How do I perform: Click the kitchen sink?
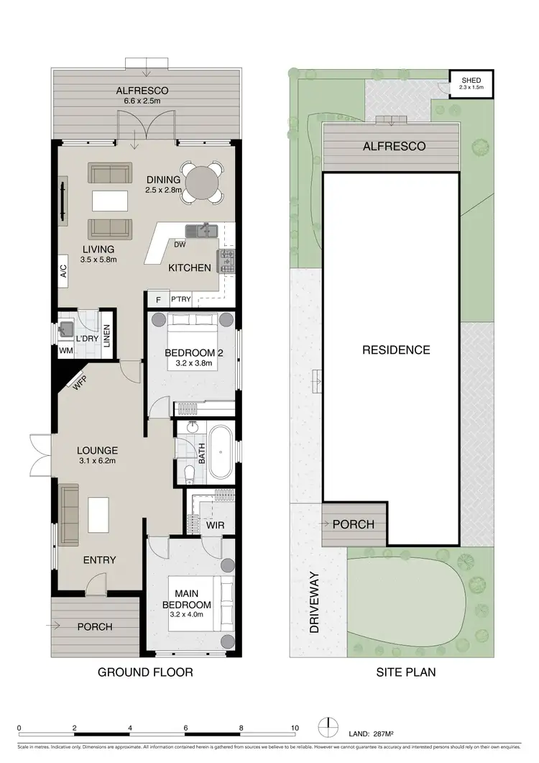point(202,231)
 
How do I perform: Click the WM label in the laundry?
point(65,350)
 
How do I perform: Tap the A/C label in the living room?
point(63,271)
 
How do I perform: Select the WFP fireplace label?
point(78,382)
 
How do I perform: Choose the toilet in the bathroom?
point(188,473)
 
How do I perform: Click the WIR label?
point(215,525)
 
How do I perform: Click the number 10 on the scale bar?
point(295,728)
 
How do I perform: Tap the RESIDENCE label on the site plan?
point(396,350)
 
